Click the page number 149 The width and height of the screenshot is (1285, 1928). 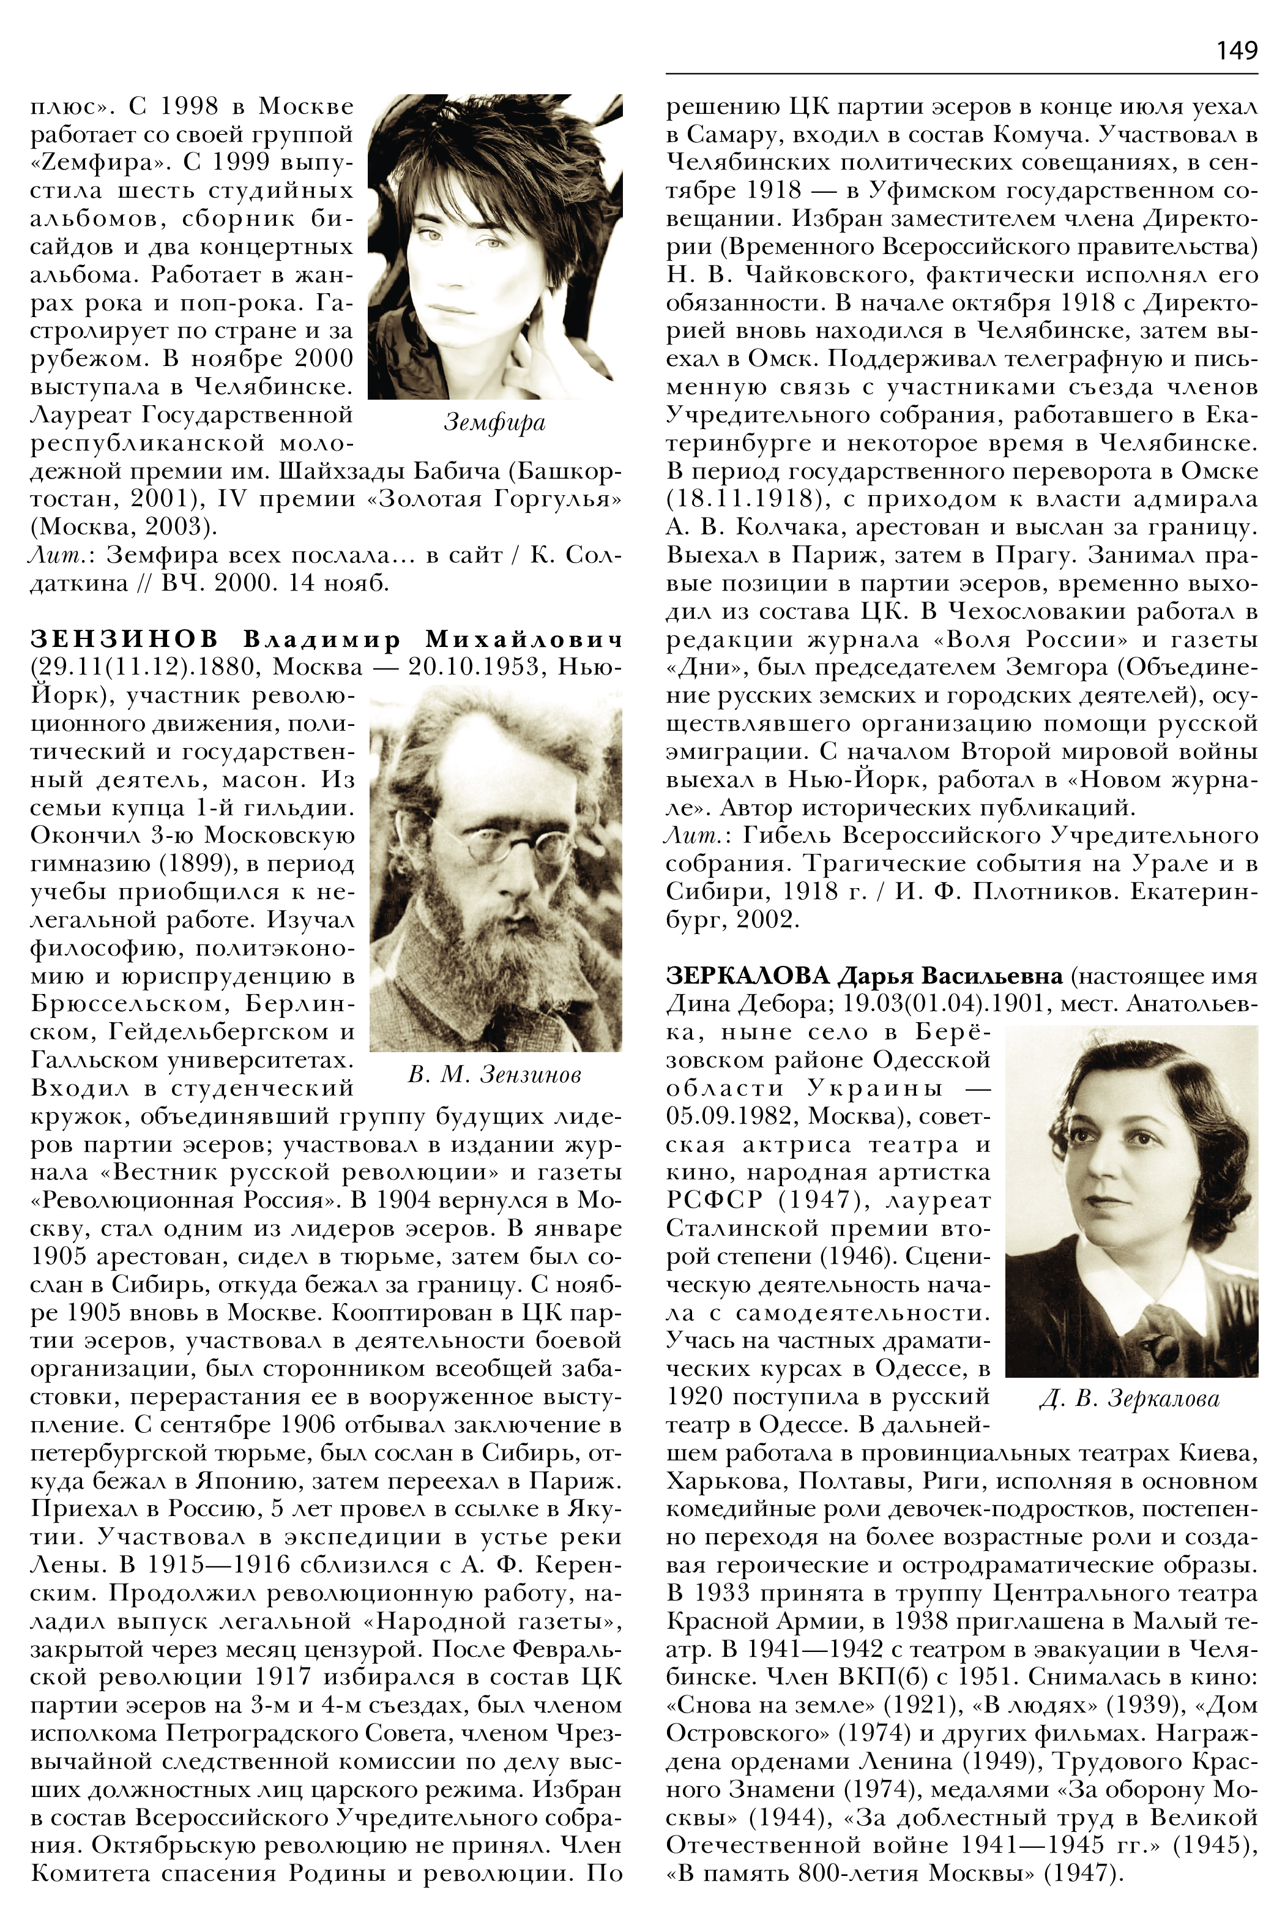[x=1236, y=51]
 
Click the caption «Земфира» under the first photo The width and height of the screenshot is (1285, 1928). [x=494, y=423]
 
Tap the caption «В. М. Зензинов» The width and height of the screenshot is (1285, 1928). [x=494, y=1075]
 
